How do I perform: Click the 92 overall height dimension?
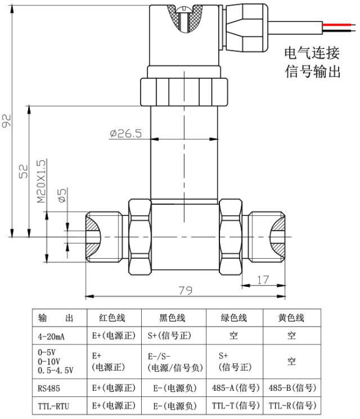[6, 121]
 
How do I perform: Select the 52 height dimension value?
[23, 171]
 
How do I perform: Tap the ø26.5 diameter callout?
[125, 133]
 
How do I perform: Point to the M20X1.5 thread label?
[42, 181]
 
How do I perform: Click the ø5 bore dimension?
[62, 195]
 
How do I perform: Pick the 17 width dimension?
[263, 280]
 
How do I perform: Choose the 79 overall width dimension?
[185, 290]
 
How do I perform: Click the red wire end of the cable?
[339, 24]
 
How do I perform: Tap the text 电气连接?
[312, 53]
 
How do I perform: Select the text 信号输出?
[312, 72]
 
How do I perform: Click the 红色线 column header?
[112, 317]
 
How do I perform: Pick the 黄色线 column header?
[291, 317]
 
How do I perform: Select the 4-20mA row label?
[51, 336]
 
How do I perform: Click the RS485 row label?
[49, 388]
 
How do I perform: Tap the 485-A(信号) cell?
[235, 388]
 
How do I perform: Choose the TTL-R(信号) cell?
[292, 406]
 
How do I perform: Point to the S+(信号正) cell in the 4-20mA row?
[169, 335]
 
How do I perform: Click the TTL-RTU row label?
[53, 406]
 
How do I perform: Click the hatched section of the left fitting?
[92, 237]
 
